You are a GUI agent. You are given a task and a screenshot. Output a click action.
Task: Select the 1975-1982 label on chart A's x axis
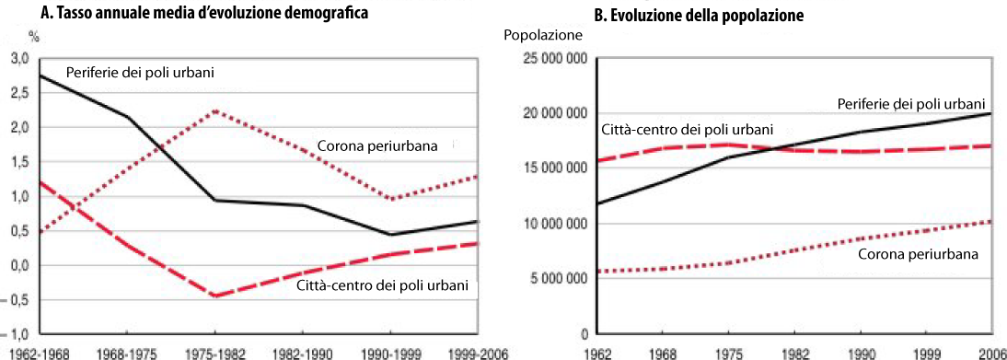click(215, 353)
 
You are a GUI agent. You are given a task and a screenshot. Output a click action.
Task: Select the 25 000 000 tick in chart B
click(553, 59)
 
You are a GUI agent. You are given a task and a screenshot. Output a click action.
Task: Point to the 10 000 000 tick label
click(553, 224)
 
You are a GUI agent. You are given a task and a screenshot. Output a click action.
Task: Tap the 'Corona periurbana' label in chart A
click(377, 147)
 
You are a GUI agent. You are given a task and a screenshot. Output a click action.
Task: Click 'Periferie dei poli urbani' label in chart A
click(140, 73)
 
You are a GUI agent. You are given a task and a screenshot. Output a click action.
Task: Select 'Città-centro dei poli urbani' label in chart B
click(688, 130)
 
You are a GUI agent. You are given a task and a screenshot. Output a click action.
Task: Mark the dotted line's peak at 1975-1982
click(215, 110)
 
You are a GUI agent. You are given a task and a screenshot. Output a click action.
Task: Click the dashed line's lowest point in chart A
click(215, 296)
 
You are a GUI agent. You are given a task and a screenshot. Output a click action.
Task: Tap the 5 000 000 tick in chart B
click(556, 279)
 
